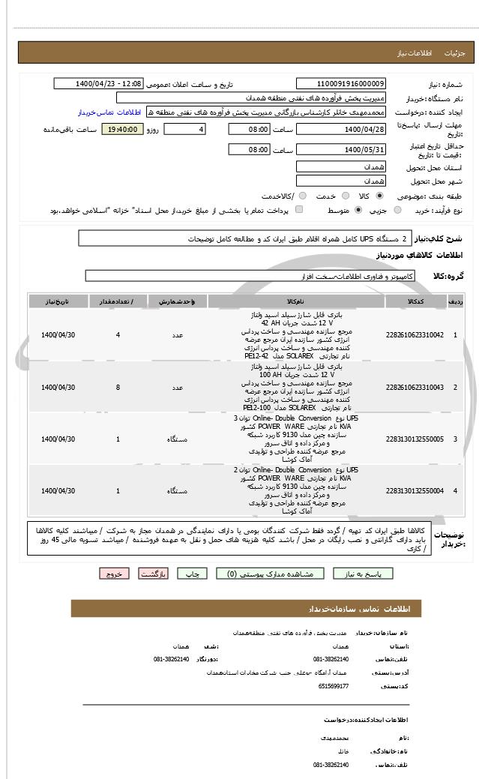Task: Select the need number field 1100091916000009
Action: [341, 84]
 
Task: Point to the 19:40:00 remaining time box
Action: [122, 130]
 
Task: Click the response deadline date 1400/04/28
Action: [341, 130]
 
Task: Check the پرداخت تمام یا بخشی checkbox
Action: [300, 210]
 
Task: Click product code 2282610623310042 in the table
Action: [415, 334]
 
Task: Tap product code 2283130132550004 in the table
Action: [415, 490]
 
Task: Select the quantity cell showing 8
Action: [118, 387]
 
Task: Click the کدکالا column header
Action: [415, 301]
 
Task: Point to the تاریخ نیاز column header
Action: [58, 301]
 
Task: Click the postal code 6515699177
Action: [334, 685]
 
